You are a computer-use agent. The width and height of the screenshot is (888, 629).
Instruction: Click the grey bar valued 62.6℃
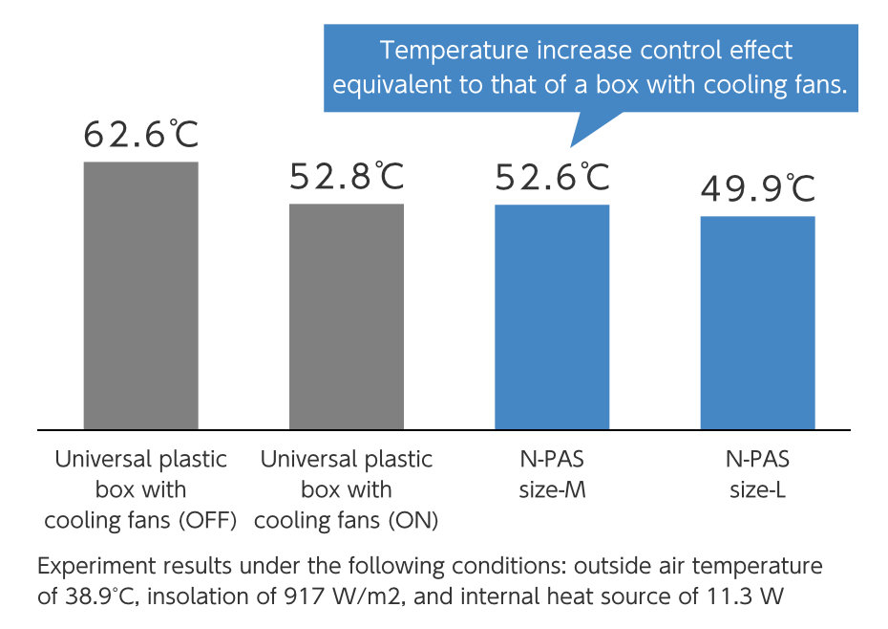tap(140, 295)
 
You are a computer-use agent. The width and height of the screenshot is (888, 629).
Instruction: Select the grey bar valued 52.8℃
tap(346, 316)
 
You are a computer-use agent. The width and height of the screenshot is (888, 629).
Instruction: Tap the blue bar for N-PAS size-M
tap(552, 317)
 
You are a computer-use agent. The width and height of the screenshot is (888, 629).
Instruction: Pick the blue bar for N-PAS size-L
tap(757, 323)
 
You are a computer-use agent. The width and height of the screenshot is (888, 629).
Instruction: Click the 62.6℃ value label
tap(140, 136)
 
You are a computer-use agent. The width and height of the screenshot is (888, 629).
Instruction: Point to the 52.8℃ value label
tap(347, 177)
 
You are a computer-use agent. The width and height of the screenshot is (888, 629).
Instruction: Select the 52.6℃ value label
tap(552, 177)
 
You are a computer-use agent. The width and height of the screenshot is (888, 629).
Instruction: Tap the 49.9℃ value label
tap(758, 189)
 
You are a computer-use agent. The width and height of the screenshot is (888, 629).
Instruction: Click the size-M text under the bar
tap(552, 490)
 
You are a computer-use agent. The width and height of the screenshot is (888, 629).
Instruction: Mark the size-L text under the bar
tap(757, 490)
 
